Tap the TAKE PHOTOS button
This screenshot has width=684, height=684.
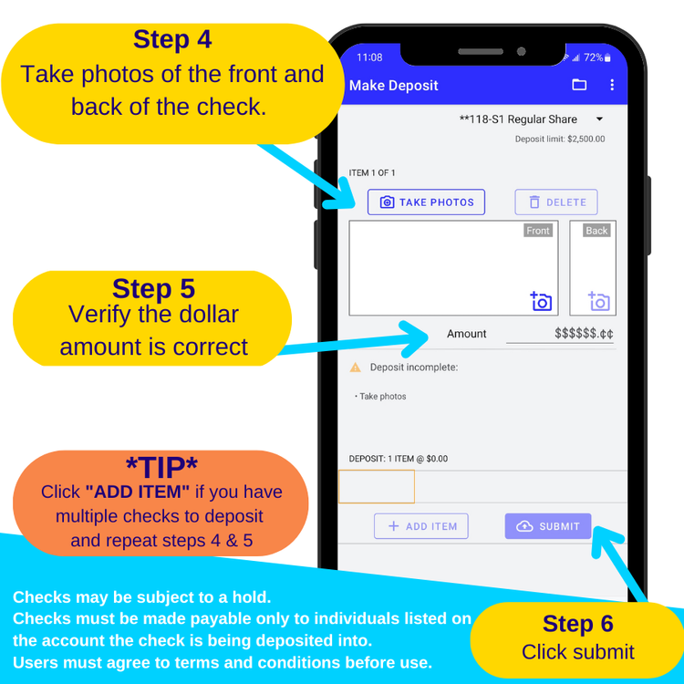click(x=426, y=202)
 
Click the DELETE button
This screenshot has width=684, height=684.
click(x=556, y=202)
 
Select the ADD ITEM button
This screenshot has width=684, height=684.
click(x=421, y=526)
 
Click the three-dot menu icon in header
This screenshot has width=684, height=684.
click(x=612, y=85)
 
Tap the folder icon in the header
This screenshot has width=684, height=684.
click(x=579, y=85)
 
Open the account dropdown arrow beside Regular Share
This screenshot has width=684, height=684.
click(x=600, y=119)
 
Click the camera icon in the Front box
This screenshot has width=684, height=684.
click(x=541, y=301)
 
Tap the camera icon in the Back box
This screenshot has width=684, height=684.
click(x=599, y=301)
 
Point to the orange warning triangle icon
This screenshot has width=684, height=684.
click(x=356, y=368)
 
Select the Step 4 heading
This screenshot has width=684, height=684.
click(x=172, y=39)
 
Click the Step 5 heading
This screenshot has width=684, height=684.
click(x=153, y=288)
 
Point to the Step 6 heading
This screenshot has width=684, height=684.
click(x=578, y=624)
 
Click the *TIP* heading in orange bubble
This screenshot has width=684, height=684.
click(x=161, y=467)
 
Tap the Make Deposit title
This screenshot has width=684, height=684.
click(x=393, y=86)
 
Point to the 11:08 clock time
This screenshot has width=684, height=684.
click(x=369, y=57)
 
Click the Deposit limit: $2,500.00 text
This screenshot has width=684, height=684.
click(x=560, y=140)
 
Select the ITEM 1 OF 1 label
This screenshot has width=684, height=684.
click(x=372, y=172)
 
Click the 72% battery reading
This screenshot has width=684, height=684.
click(x=594, y=57)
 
